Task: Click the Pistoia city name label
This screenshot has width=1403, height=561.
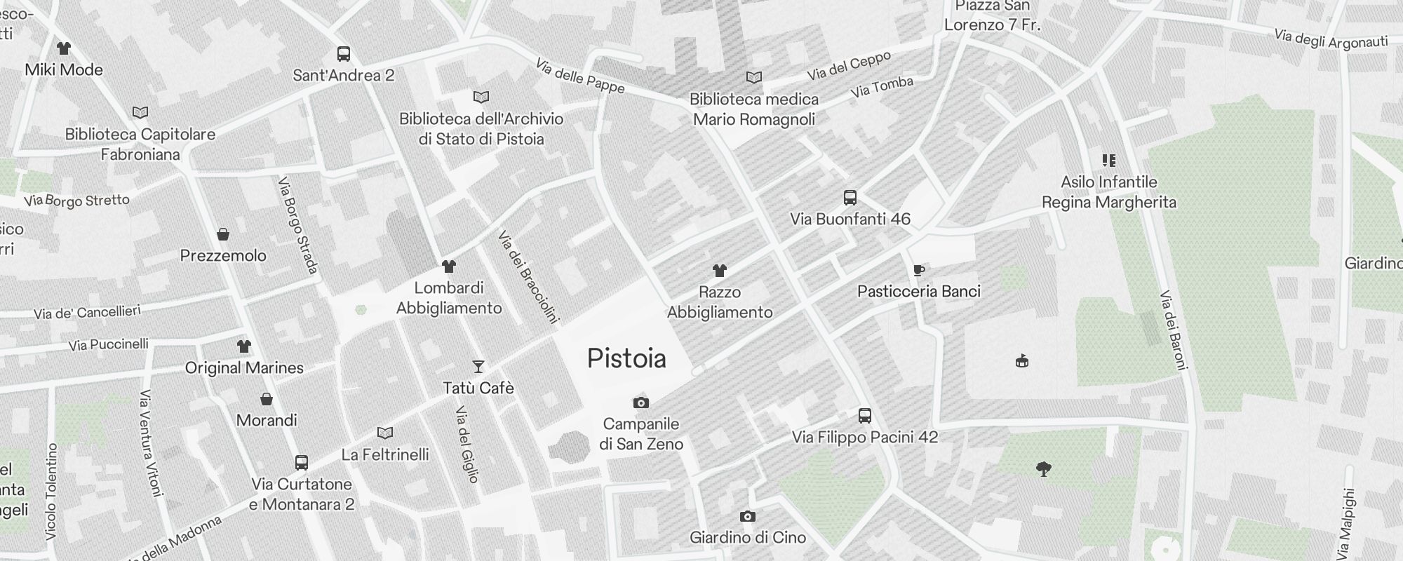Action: click(626, 358)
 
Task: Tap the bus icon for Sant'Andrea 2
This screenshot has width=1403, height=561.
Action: click(344, 54)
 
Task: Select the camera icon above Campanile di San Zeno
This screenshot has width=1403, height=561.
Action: click(640, 403)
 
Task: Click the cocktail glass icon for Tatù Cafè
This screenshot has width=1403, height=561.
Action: click(478, 366)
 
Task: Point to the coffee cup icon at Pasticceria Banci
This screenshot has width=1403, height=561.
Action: click(919, 270)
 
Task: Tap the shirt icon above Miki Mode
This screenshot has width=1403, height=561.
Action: click(64, 48)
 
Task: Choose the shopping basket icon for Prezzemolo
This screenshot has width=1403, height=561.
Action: click(223, 234)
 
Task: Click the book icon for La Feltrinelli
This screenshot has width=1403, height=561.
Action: click(385, 433)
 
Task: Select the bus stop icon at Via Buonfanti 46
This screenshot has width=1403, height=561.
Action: click(850, 198)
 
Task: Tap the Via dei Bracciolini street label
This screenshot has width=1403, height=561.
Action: click(528, 277)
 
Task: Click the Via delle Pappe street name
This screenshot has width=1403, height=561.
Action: click(579, 76)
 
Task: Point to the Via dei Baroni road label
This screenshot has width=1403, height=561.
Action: click(1174, 330)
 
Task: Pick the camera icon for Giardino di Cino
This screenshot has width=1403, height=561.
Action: click(748, 517)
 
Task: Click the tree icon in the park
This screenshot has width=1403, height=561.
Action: click(1044, 469)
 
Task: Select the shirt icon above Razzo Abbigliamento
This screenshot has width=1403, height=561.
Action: click(720, 270)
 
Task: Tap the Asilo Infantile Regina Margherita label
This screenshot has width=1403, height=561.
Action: click(1108, 192)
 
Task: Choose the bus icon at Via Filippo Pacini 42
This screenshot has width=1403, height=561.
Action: click(865, 416)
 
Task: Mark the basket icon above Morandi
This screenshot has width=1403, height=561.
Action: click(267, 399)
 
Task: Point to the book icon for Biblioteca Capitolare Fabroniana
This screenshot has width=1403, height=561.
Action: click(140, 112)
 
